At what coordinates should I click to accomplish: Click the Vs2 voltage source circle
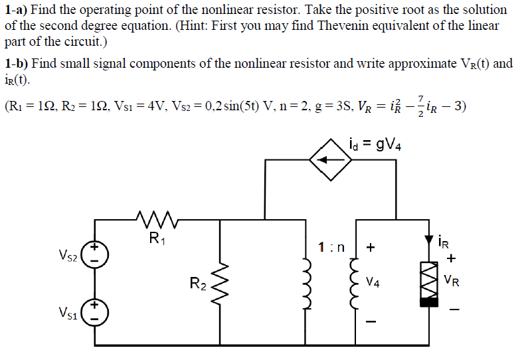coord(96,254)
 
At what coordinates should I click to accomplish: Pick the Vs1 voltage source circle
coord(96,313)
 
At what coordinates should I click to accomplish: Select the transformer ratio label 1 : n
coord(331,248)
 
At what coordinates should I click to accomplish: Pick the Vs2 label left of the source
coord(68,254)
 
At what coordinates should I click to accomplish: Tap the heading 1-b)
coord(16,63)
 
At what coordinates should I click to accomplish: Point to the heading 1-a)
coord(16,10)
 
